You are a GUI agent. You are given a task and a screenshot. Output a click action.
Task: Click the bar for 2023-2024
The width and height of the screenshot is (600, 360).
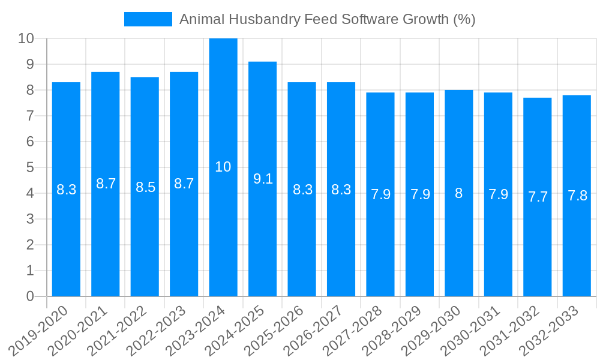(223, 167)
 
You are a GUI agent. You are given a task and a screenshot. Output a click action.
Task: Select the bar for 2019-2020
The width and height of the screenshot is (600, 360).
(66, 189)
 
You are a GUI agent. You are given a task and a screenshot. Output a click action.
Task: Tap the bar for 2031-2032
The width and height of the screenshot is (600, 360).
(538, 197)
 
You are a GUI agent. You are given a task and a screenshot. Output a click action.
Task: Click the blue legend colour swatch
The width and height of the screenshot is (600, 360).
(148, 19)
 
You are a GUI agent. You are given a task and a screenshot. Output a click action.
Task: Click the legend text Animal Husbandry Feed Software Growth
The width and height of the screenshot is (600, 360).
(328, 19)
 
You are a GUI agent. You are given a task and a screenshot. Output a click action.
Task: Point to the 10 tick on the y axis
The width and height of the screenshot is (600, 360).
(26, 38)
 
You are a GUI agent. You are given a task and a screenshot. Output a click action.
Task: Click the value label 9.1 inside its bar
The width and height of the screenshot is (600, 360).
(263, 178)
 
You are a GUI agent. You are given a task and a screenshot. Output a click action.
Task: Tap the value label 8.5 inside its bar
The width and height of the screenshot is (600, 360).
(145, 187)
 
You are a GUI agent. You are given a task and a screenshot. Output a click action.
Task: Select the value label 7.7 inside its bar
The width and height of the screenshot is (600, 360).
(538, 197)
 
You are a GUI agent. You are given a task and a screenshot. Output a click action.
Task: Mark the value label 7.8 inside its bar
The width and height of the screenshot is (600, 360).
(577, 196)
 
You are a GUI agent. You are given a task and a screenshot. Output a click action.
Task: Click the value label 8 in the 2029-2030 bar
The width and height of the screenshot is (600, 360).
(459, 193)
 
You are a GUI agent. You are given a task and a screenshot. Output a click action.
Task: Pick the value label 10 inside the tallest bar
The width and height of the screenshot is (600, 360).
(223, 167)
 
